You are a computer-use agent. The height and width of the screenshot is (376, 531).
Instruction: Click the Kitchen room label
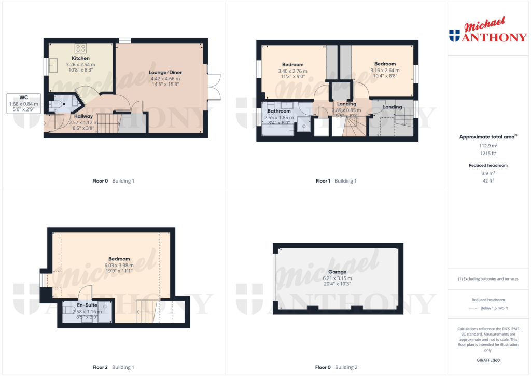point(80,58)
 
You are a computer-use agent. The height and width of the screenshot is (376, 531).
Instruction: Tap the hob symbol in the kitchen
point(81,48)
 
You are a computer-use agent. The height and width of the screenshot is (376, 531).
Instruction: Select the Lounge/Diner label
point(166,72)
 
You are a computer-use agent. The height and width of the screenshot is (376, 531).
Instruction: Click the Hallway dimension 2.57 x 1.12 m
point(83,122)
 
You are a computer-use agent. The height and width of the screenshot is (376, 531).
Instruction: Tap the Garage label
point(337,272)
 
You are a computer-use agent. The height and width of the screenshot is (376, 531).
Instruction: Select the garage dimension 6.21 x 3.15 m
point(337,278)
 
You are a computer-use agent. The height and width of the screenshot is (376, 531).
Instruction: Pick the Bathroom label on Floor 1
point(279,111)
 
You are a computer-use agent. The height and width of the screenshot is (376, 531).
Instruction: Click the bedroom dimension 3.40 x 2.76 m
point(292,71)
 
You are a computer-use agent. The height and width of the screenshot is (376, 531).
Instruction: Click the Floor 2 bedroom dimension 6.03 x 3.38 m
point(119,266)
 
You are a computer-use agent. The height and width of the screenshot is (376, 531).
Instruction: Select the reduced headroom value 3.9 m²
point(488,173)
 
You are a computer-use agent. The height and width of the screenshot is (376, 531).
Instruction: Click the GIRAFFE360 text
point(488,360)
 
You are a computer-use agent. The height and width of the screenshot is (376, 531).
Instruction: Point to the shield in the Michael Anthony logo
point(454,35)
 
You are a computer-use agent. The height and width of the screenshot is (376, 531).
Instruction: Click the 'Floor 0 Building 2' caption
point(337,367)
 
